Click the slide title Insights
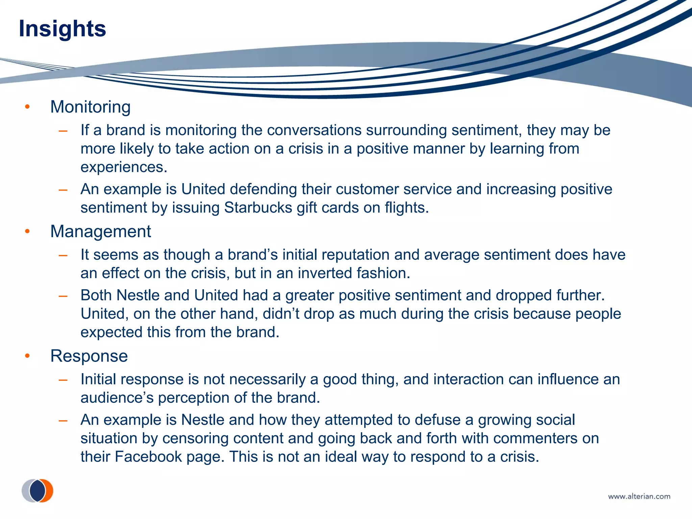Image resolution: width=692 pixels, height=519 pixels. [x=63, y=29]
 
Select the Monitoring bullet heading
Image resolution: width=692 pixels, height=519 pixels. [x=90, y=107]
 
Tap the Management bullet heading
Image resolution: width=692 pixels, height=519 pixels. [x=100, y=232]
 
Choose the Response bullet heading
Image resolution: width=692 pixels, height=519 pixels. [x=89, y=356]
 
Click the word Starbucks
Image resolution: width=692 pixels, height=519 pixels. [x=258, y=208]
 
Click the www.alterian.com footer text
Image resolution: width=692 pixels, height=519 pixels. [x=639, y=496]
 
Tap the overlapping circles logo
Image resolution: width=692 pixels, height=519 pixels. [x=38, y=491]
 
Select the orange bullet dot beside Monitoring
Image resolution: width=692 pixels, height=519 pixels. [x=27, y=107]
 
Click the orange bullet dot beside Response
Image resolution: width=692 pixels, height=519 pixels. [x=27, y=356]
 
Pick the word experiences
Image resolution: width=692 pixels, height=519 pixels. [x=124, y=167]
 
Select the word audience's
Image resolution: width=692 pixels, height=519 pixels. [x=117, y=398]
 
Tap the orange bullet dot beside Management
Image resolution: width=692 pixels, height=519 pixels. [x=27, y=232]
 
